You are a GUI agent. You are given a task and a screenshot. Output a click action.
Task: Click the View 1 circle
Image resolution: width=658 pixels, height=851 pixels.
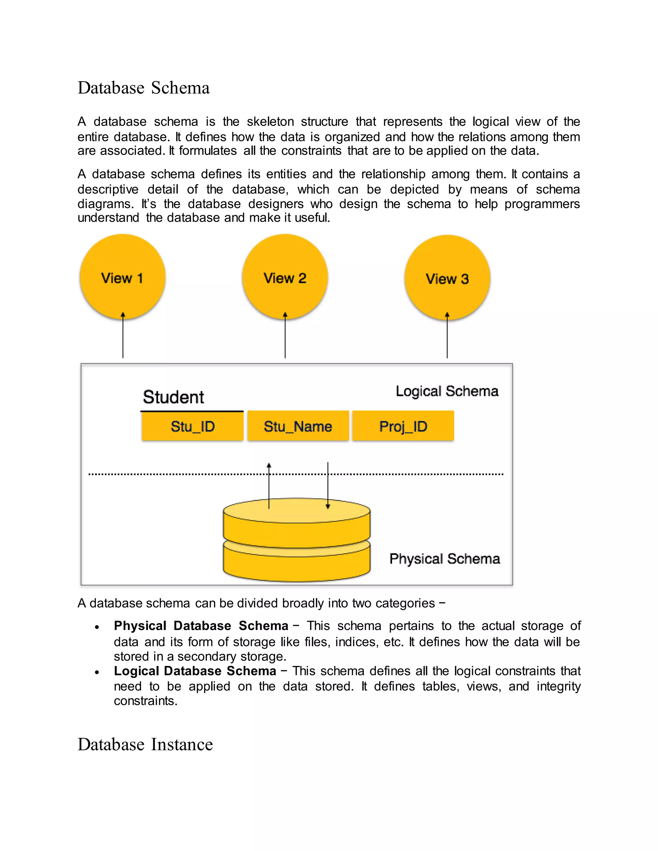tap(122, 277)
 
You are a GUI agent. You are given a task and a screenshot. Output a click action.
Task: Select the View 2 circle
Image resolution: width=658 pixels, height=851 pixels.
tap(285, 277)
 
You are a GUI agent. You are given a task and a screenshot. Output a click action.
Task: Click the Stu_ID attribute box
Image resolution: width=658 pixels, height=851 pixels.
tap(192, 426)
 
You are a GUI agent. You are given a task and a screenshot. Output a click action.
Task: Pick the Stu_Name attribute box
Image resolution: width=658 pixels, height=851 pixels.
tap(298, 426)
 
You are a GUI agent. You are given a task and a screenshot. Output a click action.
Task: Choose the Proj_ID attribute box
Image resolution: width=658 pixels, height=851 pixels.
tap(403, 426)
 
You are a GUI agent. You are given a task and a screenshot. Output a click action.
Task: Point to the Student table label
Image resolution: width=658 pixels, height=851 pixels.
tap(173, 397)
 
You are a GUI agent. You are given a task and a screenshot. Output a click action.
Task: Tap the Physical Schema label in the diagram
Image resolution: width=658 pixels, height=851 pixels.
tap(444, 558)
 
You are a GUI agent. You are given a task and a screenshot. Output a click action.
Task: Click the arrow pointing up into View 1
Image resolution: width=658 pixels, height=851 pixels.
tap(123, 335)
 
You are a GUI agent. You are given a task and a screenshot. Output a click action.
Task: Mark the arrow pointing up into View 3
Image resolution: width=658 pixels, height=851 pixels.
tap(447, 335)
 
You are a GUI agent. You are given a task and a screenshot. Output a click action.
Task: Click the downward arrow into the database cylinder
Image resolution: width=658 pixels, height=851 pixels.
tap(328, 486)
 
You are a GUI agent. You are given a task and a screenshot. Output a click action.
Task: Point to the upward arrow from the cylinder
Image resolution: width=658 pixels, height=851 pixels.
tap(269, 486)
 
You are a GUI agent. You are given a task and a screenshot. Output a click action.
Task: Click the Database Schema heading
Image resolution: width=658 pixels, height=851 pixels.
tap(143, 88)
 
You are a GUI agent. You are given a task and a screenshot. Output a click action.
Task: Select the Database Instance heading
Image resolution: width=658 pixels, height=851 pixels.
tap(145, 744)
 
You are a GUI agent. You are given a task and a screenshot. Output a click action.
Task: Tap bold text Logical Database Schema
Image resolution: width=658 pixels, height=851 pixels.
tap(195, 671)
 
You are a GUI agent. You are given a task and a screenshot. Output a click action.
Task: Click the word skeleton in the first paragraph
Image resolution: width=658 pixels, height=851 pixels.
tap(270, 122)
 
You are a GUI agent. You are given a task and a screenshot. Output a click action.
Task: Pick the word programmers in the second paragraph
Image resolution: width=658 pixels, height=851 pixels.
tap(542, 204)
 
